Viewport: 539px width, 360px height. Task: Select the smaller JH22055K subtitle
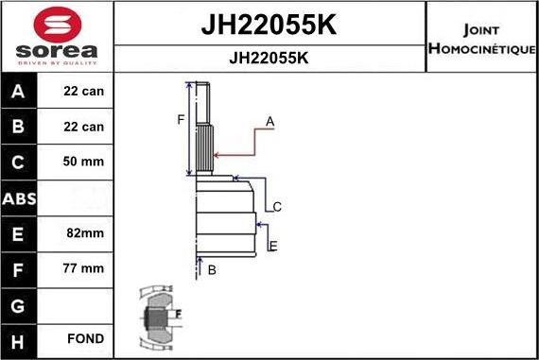point(269,58)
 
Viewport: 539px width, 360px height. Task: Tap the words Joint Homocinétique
point(482,37)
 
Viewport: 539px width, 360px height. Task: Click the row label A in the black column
point(19,92)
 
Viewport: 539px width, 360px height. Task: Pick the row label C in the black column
point(19,162)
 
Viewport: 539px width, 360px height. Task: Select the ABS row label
point(19,197)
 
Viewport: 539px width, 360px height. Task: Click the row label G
point(19,304)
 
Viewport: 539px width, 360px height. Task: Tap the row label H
point(19,339)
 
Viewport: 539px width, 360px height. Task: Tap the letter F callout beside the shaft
point(180,119)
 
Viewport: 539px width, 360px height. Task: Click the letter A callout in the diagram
point(269,122)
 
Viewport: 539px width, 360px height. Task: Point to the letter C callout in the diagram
point(277,207)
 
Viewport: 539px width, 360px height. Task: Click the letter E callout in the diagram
point(273,247)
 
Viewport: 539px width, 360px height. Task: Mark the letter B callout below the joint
point(212,270)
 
